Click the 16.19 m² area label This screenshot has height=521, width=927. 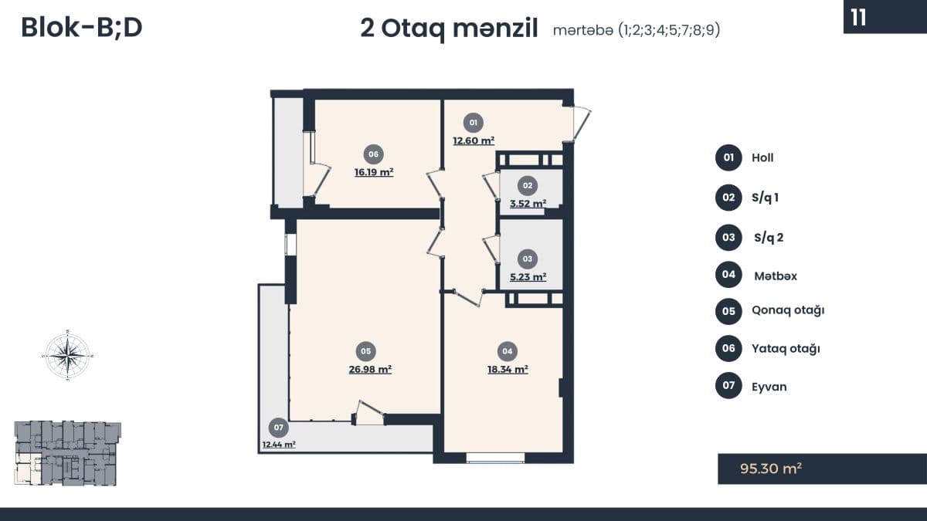click(374, 172)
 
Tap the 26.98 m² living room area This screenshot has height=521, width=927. click(370, 369)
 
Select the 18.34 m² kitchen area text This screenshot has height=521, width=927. click(508, 369)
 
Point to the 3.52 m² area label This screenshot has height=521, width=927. click(528, 204)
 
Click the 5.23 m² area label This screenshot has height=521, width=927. click(528, 276)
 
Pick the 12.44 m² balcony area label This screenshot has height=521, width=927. click(279, 445)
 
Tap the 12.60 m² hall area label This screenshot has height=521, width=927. click(474, 140)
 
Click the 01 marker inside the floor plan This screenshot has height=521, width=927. click(473, 123)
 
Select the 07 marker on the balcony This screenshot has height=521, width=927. click(278, 428)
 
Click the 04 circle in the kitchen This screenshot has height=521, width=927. click(508, 351)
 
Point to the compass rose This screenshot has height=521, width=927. click(67, 355)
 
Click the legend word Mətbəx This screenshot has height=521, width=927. click(776, 276)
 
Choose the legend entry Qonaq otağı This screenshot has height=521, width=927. click(788, 310)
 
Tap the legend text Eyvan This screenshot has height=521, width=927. click(769, 387)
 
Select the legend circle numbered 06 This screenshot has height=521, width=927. click(728, 348)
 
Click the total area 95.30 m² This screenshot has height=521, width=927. click(771, 469)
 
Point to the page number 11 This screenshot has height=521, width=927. click(858, 18)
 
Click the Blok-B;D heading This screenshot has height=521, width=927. click(82, 28)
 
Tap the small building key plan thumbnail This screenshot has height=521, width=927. click(67, 453)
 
